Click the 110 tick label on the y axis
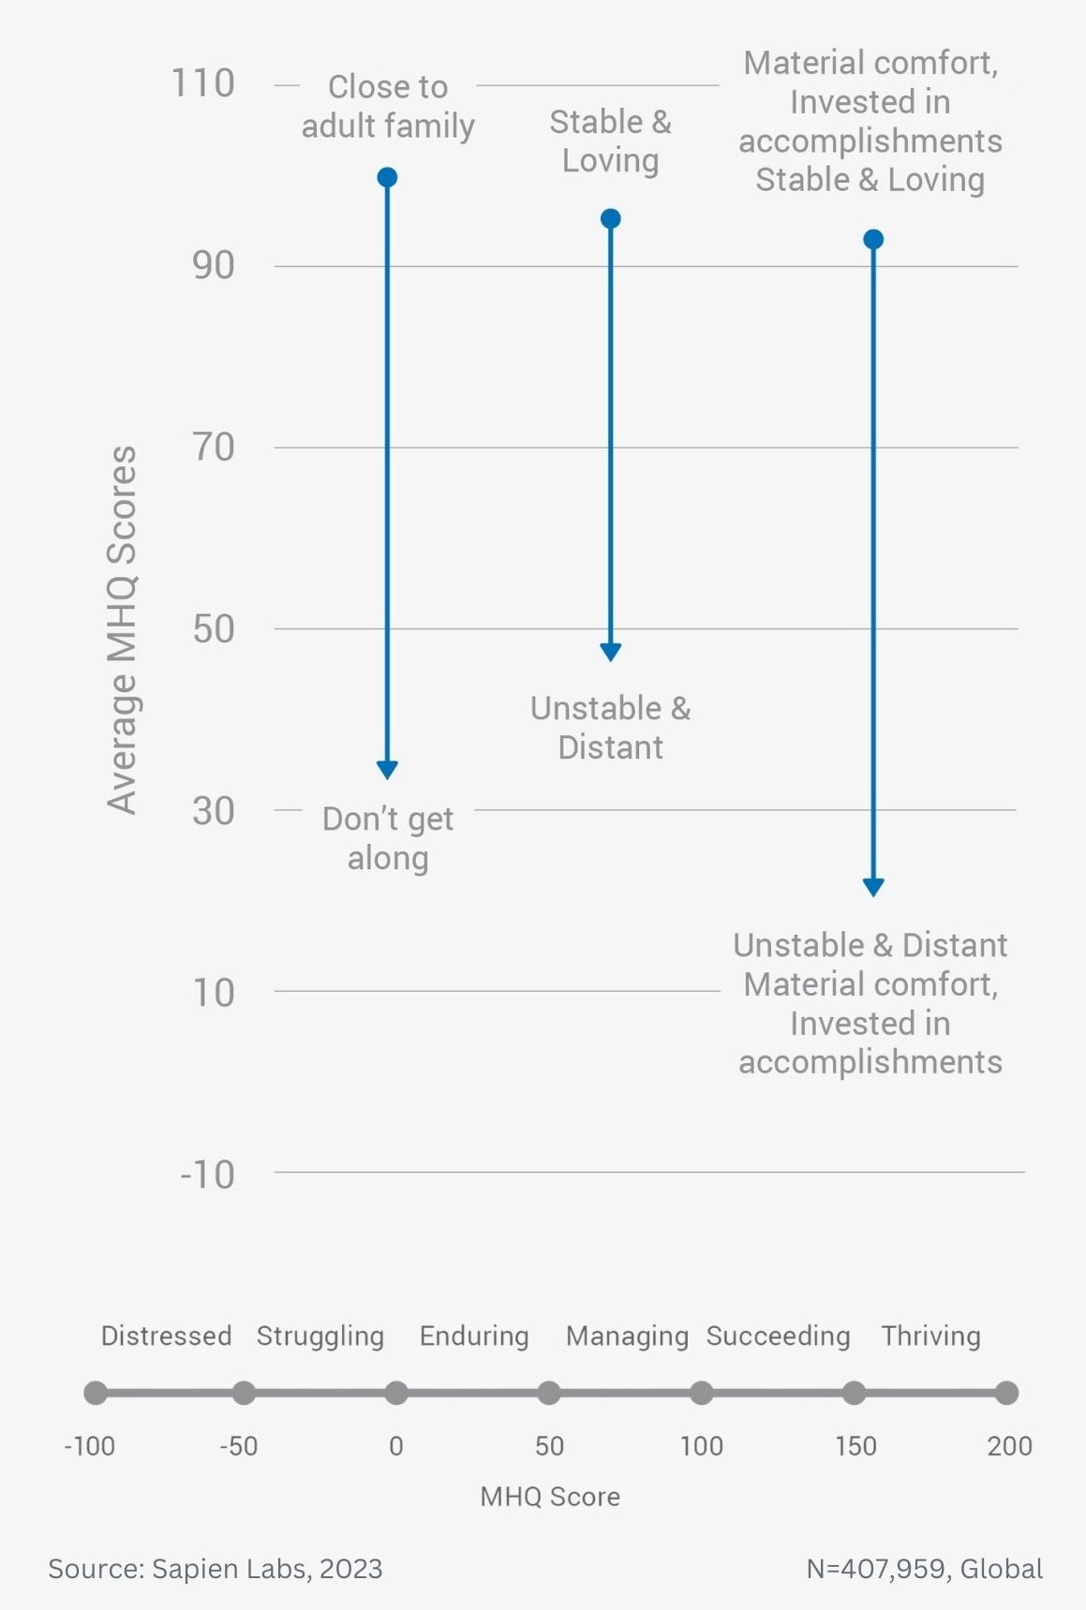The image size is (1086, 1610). (x=202, y=83)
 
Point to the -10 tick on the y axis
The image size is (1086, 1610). (x=207, y=1174)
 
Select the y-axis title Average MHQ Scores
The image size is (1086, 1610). (x=122, y=630)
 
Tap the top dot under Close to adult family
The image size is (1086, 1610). (x=387, y=177)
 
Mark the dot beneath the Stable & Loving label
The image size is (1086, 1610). (x=610, y=219)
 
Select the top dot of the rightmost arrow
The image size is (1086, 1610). (x=873, y=240)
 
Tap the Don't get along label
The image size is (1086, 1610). (x=388, y=838)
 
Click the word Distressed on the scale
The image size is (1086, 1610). (x=166, y=1336)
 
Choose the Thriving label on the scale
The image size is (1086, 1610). (x=930, y=1337)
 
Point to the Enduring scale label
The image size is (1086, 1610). (x=474, y=1337)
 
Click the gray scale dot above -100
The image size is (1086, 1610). (x=96, y=1393)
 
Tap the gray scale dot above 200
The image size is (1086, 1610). (x=1006, y=1393)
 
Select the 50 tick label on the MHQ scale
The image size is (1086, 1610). (x=549, y=1446)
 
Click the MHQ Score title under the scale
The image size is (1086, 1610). (x=550, y=1497)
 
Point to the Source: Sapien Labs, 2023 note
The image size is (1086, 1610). (x=216, y=1569)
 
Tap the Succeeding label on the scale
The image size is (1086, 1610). (x=778, y=1337)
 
